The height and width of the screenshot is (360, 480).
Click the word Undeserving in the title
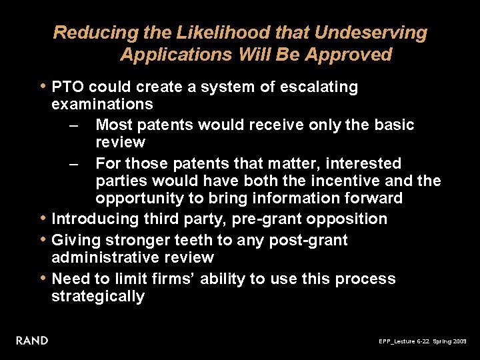click(371, 33)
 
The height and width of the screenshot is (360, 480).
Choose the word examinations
click(102, 105)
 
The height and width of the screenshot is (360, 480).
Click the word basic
click(393, 125)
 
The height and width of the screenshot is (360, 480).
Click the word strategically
click(98, 297)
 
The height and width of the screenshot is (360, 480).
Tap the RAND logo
click(32, 341)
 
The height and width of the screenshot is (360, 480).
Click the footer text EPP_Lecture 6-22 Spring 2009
click(423, 341)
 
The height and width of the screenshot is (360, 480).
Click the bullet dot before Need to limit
click(43, 279)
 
